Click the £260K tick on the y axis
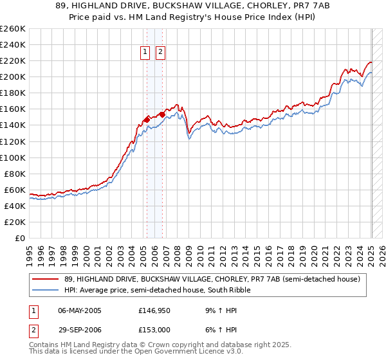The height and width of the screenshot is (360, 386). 13,29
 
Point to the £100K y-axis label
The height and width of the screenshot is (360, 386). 13,157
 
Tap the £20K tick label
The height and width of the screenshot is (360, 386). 15,222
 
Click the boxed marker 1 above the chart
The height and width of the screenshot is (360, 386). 145,53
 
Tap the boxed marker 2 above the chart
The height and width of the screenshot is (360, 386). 160,53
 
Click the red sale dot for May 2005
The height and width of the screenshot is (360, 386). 147,119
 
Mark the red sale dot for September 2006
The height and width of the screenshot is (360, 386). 163,114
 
